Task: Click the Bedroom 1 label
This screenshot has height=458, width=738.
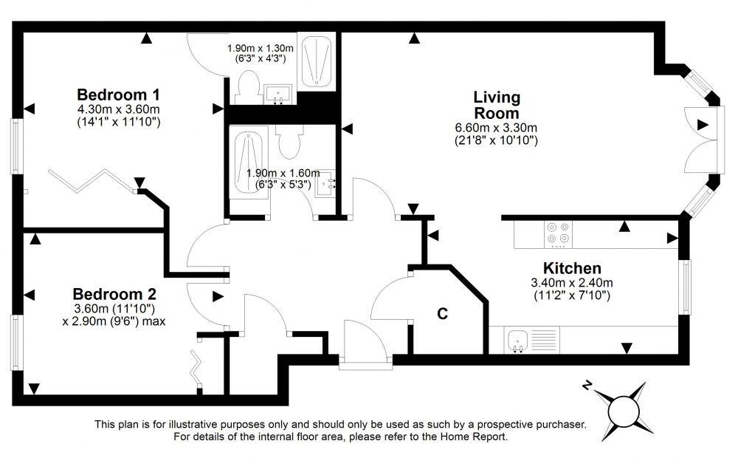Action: [x=119, y=95]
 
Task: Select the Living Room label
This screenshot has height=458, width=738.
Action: [x=496, y=105]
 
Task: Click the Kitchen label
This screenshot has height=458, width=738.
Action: [x=572, y=268]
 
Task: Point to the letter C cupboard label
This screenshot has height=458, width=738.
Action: [x=442, y=313]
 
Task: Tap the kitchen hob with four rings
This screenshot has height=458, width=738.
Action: [x=557, y=233]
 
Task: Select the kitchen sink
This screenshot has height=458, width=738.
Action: [x=518, y=340]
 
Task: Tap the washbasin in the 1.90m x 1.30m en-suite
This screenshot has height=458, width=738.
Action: [x=279, y=93]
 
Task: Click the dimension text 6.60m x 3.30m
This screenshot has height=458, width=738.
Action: [x=496, y=128]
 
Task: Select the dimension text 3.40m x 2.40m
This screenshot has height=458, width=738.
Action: [x=572, y=282]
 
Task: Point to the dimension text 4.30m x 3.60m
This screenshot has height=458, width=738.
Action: [x=119, y=109]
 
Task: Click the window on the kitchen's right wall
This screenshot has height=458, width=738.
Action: [x=686, y=285]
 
